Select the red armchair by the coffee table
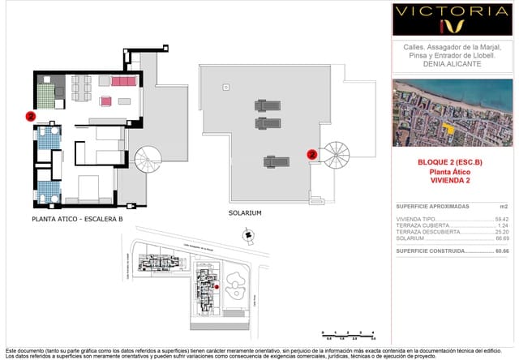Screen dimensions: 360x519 105,101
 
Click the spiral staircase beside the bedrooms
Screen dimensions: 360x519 149,159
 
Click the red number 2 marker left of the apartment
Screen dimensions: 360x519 30,116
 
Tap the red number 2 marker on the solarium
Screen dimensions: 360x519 311,153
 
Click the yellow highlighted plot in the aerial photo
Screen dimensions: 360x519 448,128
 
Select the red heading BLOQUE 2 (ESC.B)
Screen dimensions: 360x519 449,163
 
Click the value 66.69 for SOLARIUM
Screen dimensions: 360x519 501,238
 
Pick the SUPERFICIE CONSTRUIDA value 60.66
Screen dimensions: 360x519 501,251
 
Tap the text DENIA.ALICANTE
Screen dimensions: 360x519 453,63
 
